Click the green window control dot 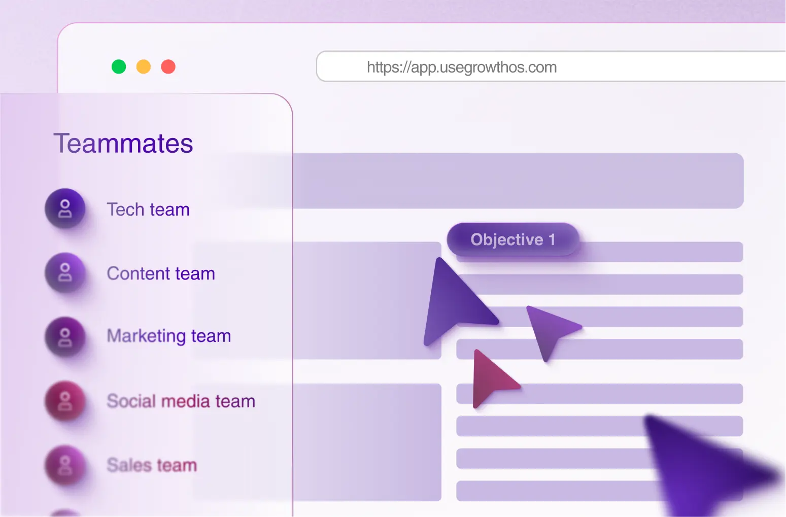[x=119, y=66]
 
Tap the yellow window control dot [x=144, y=66]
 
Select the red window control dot [x=168, y=66]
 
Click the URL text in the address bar [x=462, y=67]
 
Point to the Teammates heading [x=123, y=144]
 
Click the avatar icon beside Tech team [x=65, y=209]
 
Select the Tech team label [x=148, y=210]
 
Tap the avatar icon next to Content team [x=65, y=272]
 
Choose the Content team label [x=161, y=273]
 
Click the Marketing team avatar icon [x=65, y=337]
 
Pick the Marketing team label [x=169, y=336]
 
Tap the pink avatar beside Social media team [x=65, y=401]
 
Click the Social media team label [x=181, y=401]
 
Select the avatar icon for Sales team [x=65, y=465]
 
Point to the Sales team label [x=152, y=465]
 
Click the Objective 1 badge [x=512, y=239]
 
